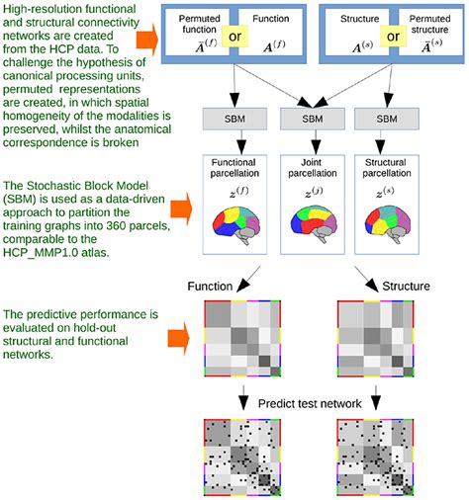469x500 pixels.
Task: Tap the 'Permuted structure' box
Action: (427, 33)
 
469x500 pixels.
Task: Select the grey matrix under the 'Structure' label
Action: (376, 338)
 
